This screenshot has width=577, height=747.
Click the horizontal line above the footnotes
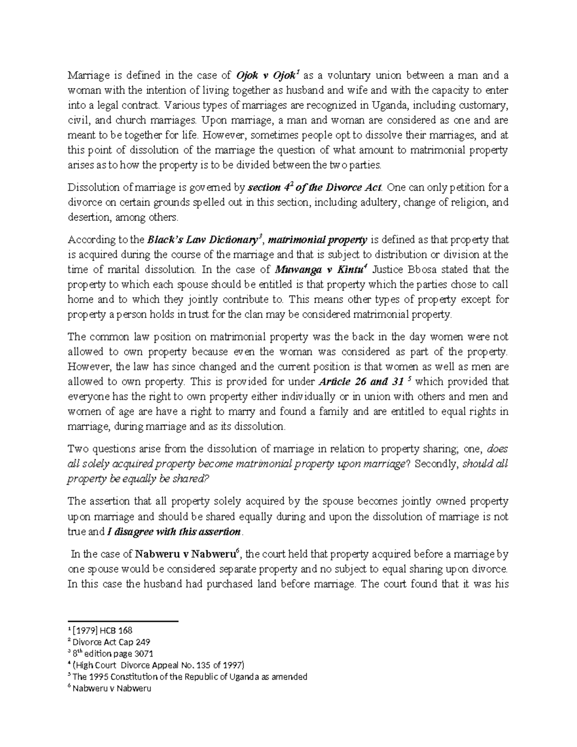[123, 622]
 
